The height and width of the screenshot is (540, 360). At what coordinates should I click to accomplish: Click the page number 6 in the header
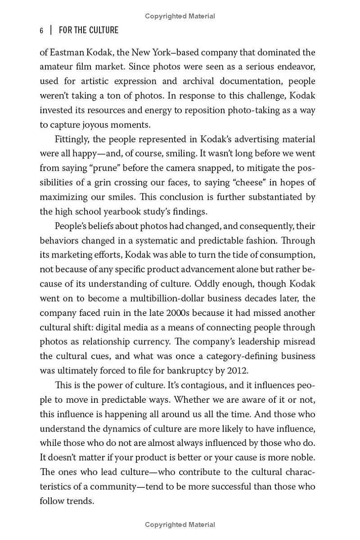41,31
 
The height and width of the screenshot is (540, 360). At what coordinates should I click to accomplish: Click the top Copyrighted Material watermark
180,16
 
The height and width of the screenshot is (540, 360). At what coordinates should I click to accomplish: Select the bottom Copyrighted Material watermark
180,525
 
